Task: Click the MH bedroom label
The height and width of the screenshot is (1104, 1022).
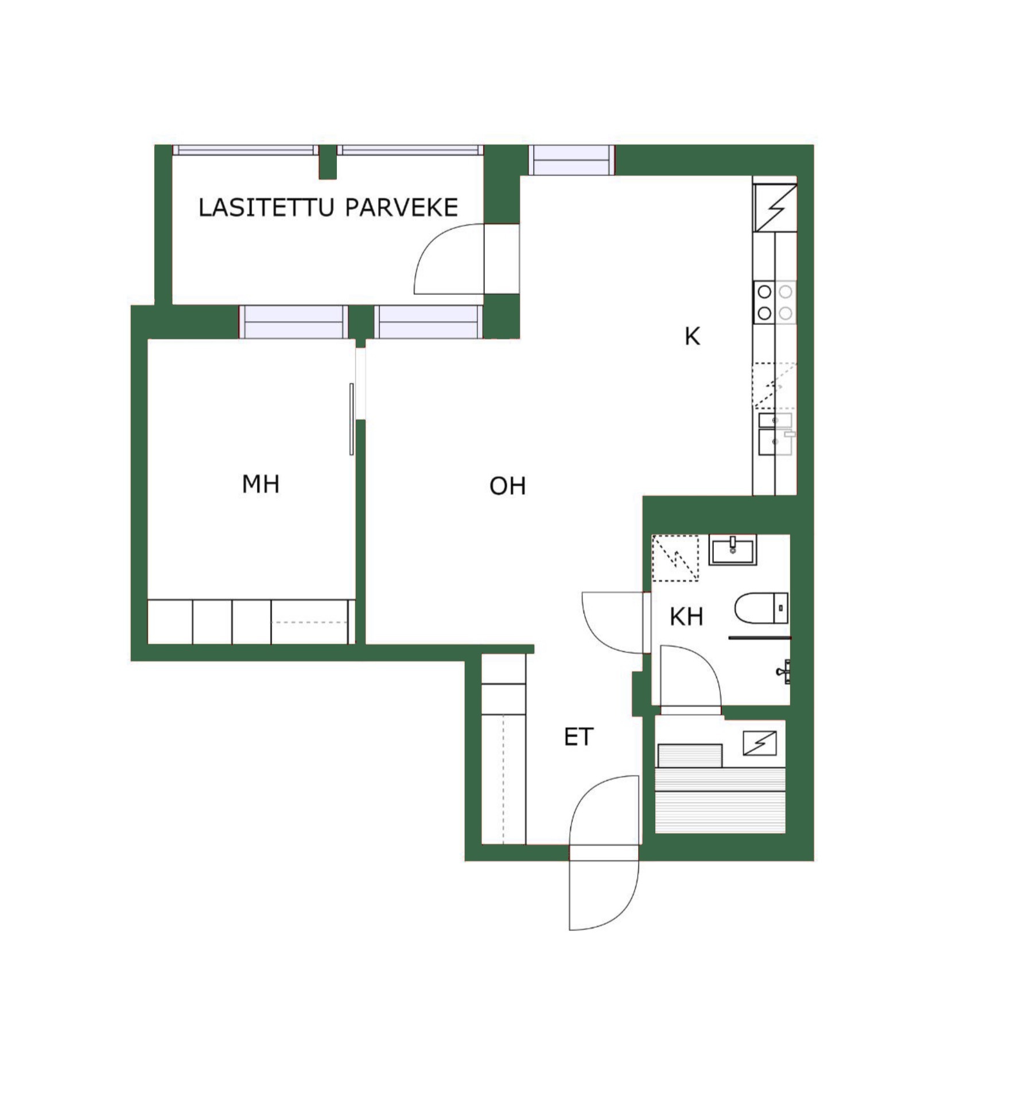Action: (261, 485)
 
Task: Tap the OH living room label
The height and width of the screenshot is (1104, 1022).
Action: (507, 486)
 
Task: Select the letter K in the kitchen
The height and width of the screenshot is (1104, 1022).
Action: (692, 336)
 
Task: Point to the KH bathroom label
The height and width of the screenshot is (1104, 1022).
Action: (686, 617)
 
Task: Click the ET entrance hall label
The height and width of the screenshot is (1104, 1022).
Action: (578, 737)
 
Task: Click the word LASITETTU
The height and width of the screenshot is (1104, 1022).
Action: (266, 207)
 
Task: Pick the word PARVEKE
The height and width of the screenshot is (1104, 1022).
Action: (401, 207)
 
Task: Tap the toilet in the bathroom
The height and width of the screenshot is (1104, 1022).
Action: (761, 609)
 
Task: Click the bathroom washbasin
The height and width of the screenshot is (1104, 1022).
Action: (733, 550)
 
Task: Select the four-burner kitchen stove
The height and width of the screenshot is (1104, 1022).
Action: (775, 303)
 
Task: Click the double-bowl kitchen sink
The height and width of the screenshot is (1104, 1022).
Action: (776, 434)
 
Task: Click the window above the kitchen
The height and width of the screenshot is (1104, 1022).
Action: (571, 160)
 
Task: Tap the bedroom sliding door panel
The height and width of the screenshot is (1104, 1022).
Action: (352, 419)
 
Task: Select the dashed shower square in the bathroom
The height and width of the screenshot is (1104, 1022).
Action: (675, 558)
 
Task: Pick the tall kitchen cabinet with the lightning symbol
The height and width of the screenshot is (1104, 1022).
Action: (775, 208)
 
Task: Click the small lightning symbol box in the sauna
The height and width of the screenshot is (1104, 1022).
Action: (759, 743)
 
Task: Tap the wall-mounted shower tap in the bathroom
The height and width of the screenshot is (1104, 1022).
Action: (784, 671)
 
